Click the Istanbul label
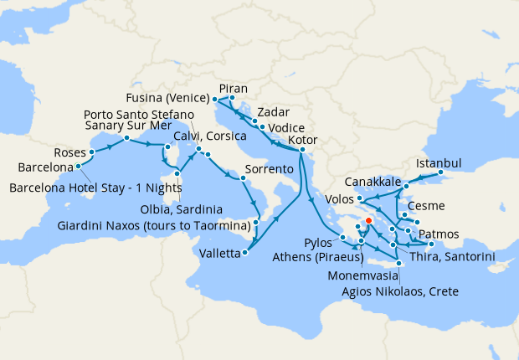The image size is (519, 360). [439, 162]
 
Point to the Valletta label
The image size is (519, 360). [217, 252]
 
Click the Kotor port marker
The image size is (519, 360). [301, 150]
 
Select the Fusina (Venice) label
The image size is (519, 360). [171, 96]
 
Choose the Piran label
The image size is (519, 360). [232, 87]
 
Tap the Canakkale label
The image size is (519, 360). [373, 183]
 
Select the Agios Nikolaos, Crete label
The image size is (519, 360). [401, 291]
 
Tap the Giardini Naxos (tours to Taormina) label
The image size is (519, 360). [154, 226]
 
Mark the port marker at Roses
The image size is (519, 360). [90, 153]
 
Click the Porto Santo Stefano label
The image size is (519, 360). [138, 114]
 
